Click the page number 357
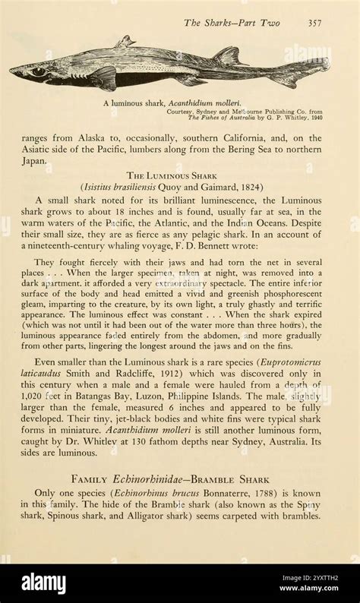314,23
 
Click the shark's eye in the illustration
38,71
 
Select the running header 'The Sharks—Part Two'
232,23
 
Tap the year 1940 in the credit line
313,118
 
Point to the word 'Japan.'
34,161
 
